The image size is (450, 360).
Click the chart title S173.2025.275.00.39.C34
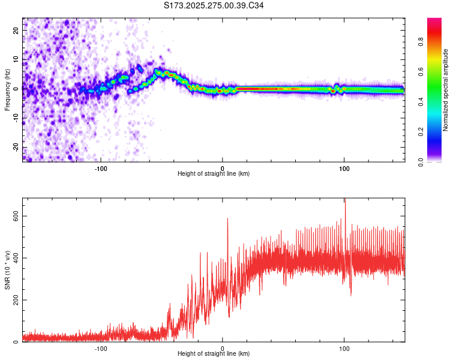pyautogui.click(x=214, y=5)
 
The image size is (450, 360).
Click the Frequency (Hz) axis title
pyautogui.click(x=7, y=90)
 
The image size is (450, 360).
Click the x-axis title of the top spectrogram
pyautogui.click(x=214, y=174)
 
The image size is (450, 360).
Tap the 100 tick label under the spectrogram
pyautogui.click(x=344, y=167)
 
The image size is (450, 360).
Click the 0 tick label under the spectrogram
pyautogui.click(x=223, y=167)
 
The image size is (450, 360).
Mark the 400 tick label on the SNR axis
pyautogui.click(x=13, y=258)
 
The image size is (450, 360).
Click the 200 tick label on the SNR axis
pyautogui.click(x=13, y=300)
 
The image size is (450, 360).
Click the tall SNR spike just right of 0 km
pyautogui.click(x=227, y=220)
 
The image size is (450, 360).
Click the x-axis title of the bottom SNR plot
pyautogui.click(x=214, y=354)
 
